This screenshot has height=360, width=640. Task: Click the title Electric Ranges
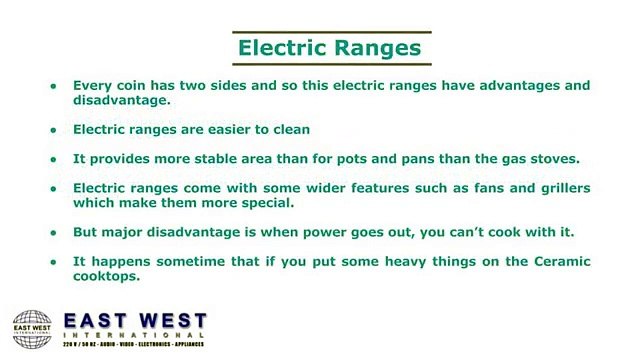click(327, 46)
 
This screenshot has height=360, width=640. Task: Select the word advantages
click(490, 86)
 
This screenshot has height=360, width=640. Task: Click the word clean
click(288, 129)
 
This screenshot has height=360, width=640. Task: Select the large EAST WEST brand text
click(135, 323)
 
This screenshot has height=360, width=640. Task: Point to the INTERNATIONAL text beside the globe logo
click(135, 339)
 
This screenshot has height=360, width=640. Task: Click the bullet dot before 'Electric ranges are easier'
click(54, 130)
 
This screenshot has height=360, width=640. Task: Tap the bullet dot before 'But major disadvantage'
click(54, 233)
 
